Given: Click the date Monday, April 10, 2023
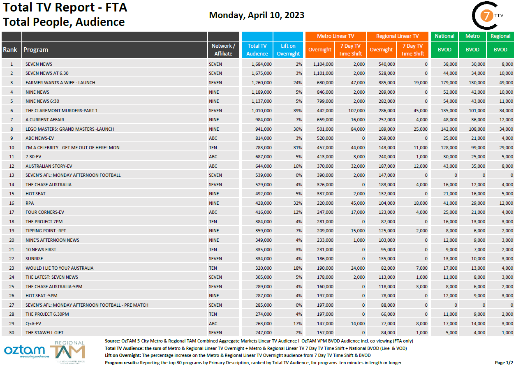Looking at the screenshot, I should tap(257, 15).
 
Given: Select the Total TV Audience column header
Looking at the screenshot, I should tap(257, 50).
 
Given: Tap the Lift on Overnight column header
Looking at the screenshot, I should tap(288, 50).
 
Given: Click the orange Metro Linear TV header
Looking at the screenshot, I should tap(336, 36).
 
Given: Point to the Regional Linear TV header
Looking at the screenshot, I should tap(397, 36).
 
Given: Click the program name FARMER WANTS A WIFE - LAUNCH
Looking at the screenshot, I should tap(60, 83).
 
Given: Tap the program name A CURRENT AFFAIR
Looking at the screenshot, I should tap(45, 120).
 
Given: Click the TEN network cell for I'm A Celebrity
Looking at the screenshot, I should tap(213, 148).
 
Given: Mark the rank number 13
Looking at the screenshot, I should tap(12, 175).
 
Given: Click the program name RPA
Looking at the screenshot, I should tap(30, 203).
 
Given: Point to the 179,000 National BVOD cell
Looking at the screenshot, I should tap(448, 83).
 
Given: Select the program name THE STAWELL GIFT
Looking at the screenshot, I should tap(44, 333).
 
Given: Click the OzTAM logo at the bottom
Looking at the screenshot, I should tap(24, 351).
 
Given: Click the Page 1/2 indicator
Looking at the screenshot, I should tap(503, 363).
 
